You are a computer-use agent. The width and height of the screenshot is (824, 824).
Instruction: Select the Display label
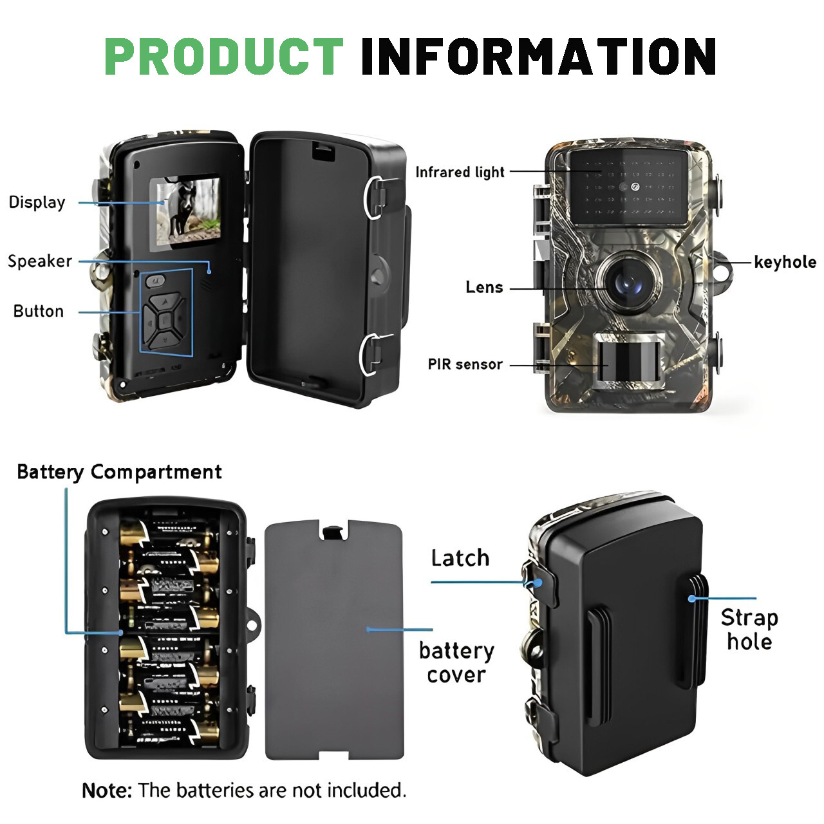pyautogui.click(x=37, y=202)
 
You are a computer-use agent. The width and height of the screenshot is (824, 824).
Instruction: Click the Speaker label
pyautogui.click(x=40, y=261)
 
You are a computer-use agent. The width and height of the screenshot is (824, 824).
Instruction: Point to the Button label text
pyautogui.click(x=39, y=311)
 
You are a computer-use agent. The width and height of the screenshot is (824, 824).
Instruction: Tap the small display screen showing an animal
pyautogui.click(x=185, y=214)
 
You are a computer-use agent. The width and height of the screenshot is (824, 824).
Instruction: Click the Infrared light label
pyautogui.click(x=460, y=172)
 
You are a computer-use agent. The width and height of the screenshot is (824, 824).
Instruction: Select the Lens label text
pyautogui.click(x=484, y=287)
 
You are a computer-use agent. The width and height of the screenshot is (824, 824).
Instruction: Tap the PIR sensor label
pyautogui.click(x=465, y=364)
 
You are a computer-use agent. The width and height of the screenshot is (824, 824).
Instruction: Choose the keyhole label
pyautogui.click(x=785, y=262)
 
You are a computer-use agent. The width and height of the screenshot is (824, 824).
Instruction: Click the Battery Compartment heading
pyautogui.click(x=119, y=472)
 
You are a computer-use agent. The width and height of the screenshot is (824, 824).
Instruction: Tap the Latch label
pyautogui.click(x=460, y=558)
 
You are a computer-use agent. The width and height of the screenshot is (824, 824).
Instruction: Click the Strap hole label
pyautogui.click(x=749, y=629)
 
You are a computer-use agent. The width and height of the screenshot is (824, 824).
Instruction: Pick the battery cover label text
pyautogui.click(x=456, y=662)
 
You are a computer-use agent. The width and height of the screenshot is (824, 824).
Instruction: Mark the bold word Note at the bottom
pyautogui.click(x=106, y=790)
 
